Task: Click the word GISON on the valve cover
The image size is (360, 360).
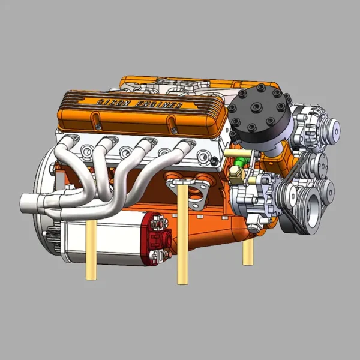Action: click(113, 103)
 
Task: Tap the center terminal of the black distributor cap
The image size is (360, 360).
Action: click(256, 107)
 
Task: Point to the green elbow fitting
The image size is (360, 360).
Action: click(241, 161)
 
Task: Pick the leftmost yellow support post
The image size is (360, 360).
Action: click(91, 250)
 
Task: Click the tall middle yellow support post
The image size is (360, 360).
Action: click(182, 234)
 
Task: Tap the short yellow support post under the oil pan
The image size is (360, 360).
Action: click(248, 252)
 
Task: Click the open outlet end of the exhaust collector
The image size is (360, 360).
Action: click(23, 203)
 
